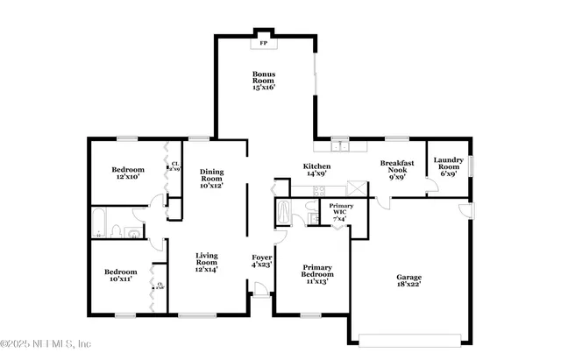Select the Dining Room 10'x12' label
point(211,179)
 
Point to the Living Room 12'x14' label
point(206,261)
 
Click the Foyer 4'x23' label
point(261,260)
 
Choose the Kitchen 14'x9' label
point(316,170)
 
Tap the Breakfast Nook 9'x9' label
point(396,170)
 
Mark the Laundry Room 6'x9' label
point(448,166)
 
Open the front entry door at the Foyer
point(260,300)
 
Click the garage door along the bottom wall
point(409,338)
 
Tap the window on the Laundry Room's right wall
point(471,166)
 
